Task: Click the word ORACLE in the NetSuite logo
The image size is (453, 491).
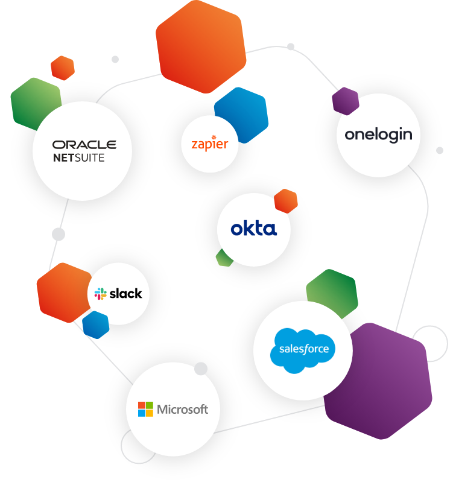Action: coord(84,145)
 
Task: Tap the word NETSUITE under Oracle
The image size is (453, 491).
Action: coord(78,158)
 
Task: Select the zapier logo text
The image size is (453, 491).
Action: coord(209,144)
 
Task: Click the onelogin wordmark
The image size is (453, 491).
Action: coord(378,135)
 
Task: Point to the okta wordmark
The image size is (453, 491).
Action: coord(253,229)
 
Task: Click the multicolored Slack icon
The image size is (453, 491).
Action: coord(100,294)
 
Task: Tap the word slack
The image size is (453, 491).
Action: coord(125,294)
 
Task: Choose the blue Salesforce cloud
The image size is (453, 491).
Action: coord(303,348)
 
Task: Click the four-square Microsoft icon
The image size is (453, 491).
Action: coord(145,409)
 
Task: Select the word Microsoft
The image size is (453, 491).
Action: coord(182,409)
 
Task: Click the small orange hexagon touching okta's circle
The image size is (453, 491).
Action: coord(287,200)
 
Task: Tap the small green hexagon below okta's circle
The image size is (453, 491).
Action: coord(224,259)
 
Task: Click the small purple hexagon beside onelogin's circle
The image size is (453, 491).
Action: coord(345,101)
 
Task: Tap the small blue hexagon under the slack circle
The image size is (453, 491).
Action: coord(95,325)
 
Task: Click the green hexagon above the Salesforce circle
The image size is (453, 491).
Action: coord(333,290)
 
